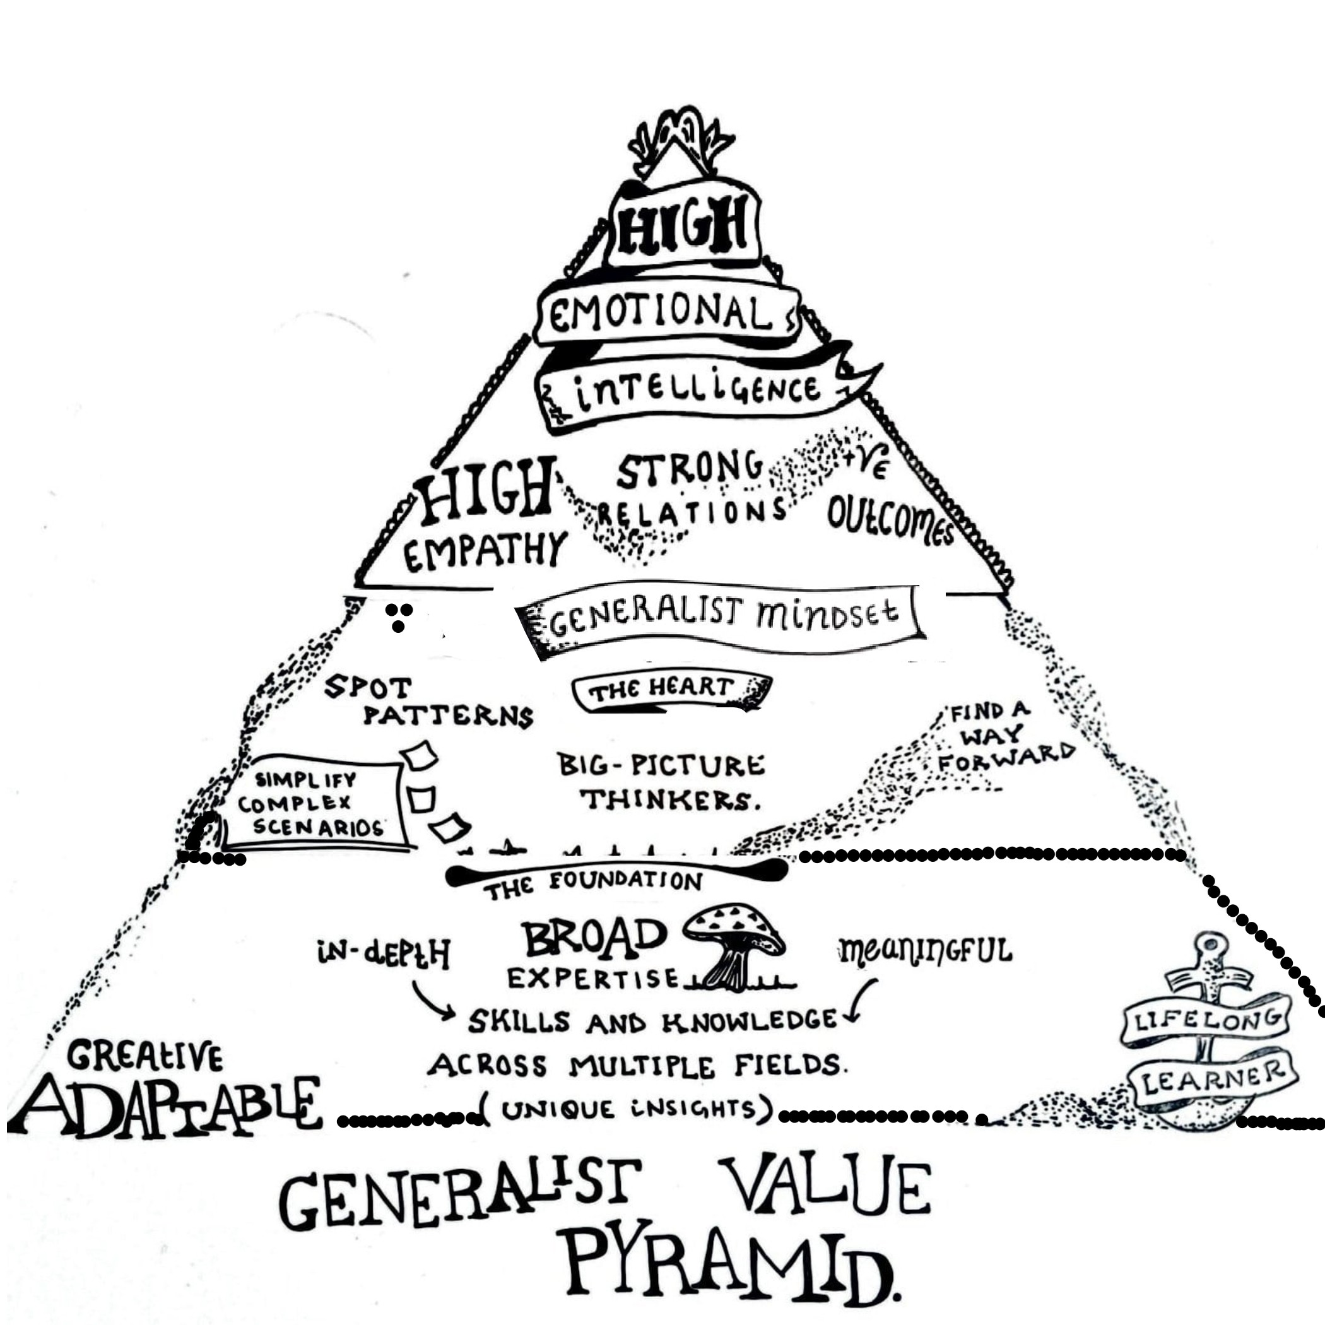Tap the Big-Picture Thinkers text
pyautogui.click(x=662, y=782)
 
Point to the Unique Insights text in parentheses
pyautogui.click(x=628, y=1110)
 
